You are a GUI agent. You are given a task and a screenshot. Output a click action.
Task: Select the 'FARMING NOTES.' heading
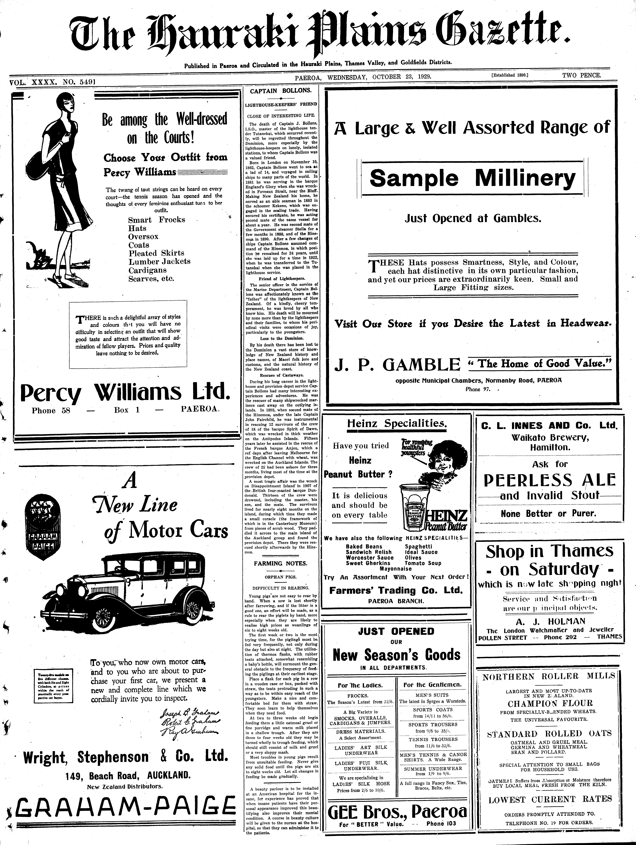[280, 563]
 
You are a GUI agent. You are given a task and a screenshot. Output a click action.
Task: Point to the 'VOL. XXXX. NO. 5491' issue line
[53, 81]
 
